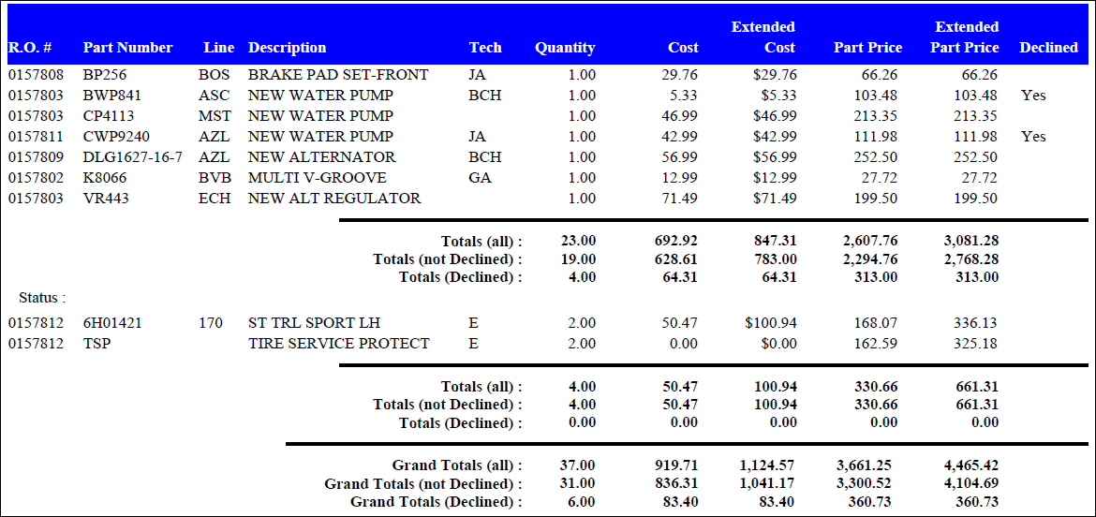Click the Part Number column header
[x=127, y=48]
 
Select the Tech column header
[x=485, y=48]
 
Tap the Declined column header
[x=1048, y=48]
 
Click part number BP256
[x=104, y=75]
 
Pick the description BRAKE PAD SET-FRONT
[x=338, y=75]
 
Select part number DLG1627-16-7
[x=132, y=157]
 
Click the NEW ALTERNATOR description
[x=321, y=157]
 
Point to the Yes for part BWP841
[x=1033, y=96]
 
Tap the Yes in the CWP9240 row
[x=1033, y=137]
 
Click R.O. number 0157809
[x=36, y=157]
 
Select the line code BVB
[x=214, y=178]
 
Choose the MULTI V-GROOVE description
[x=317, y=178]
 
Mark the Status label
[x=42, y=298]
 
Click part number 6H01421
[x=112, y=323]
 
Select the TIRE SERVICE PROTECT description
[x=338, y=344]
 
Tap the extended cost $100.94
[x=771, y=323]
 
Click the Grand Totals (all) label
[x=457, y=465]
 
